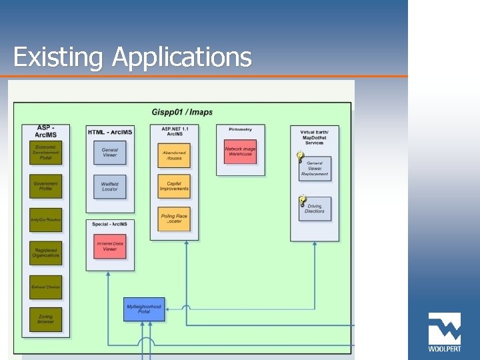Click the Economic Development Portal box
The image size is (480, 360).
[x=46, y=152]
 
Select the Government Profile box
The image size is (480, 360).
[x=46, y=186]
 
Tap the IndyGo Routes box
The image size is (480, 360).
[x=46, y=219]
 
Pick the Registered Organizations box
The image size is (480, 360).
[x=46, y=253]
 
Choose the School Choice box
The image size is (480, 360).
[x=46, y=287]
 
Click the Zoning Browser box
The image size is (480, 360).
[x=46, y=319]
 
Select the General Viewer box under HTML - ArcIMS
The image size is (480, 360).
[x=110, y=153]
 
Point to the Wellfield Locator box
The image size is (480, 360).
[x=110, y=186]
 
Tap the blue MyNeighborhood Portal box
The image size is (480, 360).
[x=144, y=309]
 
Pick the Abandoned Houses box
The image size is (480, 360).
[x=174, y=155]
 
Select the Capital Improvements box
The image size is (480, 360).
[x=174, y=186]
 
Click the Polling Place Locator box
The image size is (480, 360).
[x=174, y=219]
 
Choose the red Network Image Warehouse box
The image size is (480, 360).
[x=239, y=152]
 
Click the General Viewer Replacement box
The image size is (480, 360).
[x=315, y=167]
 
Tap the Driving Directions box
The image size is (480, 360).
[x=315, y=209]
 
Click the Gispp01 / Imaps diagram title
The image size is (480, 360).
[x=182, y=111]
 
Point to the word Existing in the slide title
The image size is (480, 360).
[x=58, y=57]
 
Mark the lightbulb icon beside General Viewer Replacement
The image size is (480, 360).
[x=301, y=157]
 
